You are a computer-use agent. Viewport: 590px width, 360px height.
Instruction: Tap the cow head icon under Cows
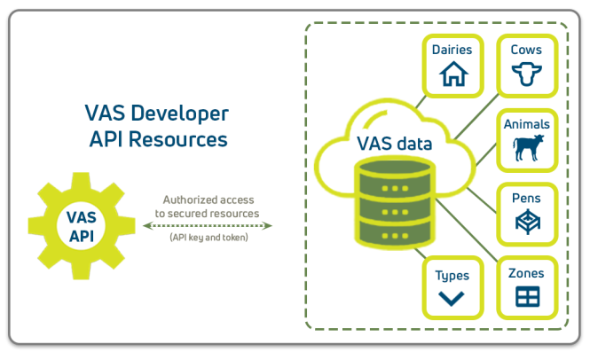(x=526, y=76)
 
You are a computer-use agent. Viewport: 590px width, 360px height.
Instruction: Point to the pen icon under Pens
(x=526, y=223)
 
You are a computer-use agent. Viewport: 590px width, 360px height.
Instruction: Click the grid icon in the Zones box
(x=526, y=295)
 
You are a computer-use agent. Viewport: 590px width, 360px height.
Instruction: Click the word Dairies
(x=452, y=51)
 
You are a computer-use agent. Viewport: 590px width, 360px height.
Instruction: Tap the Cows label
(x=526, y=51)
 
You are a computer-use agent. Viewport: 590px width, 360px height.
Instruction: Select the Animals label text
(x=526, y=124)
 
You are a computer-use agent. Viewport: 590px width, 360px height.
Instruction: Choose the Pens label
(x=526, y=198)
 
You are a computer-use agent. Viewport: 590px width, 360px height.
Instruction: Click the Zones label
(x=526, y=272)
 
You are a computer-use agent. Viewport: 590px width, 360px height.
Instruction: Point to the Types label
(x=452, y=274)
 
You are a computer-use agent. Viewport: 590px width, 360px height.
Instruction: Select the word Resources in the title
(x=186, y=138)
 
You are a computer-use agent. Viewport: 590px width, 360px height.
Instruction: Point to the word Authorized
(x=188, y=200)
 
